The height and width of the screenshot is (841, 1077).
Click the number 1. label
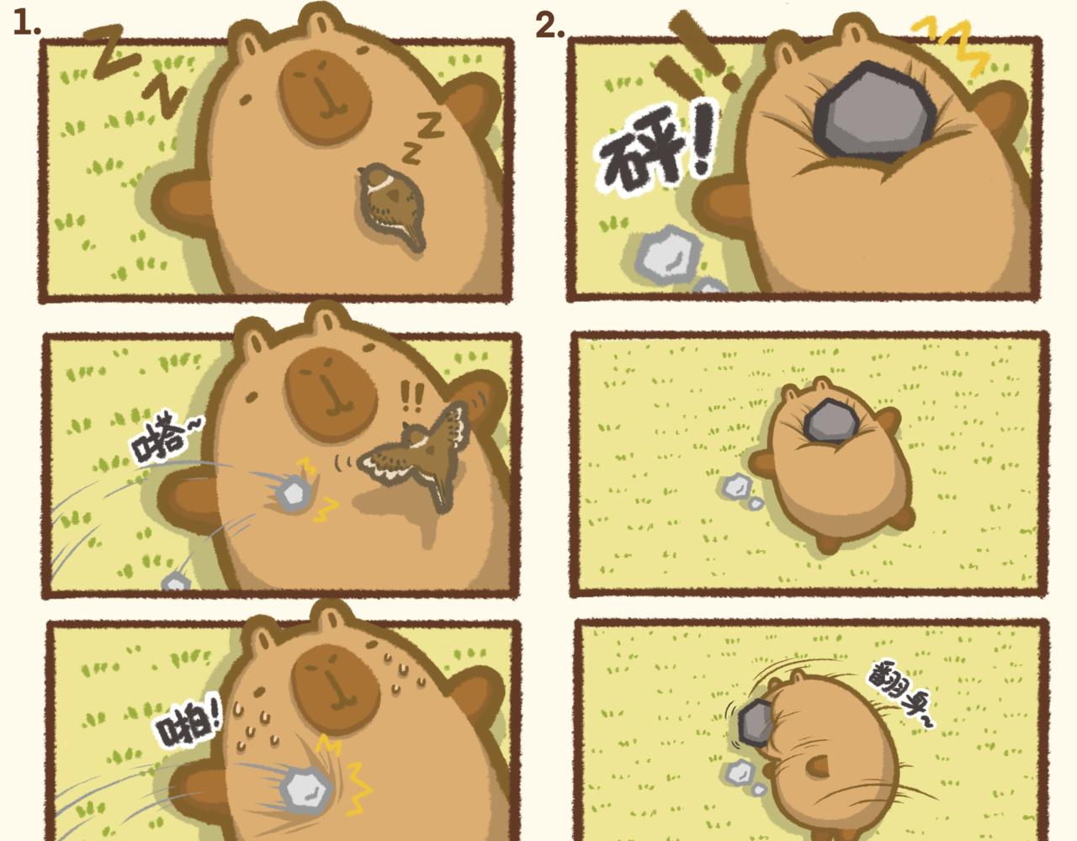click(26, 24)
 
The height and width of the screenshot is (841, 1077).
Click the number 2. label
click(549, 24)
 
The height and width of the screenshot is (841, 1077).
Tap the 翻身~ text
click(899, 697)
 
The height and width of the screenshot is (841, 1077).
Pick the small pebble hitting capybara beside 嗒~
click(294, 493)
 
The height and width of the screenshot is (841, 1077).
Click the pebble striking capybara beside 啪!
click(306, 791)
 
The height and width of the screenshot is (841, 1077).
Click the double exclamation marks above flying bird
click(412, 396)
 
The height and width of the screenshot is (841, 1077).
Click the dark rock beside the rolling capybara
click(755, 722)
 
